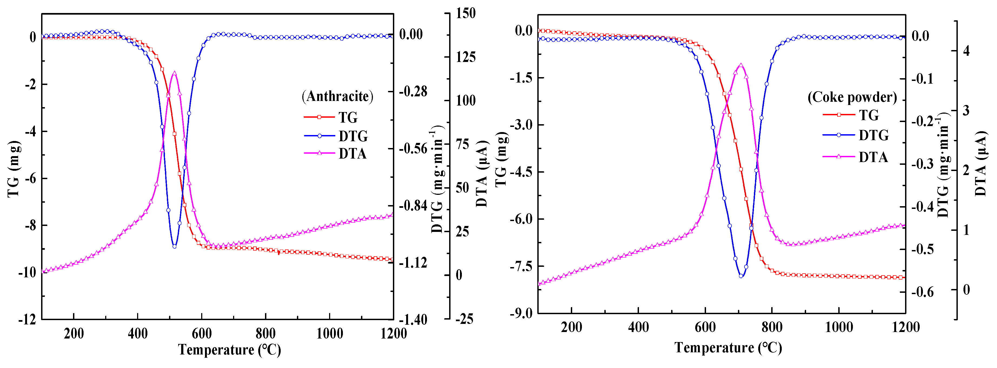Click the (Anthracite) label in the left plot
pyautogui.click(x=337, y=96)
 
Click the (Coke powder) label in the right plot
pyautogui.click(x=852, y=97)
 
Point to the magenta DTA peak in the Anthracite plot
pyautogui.click(x=175, y=73)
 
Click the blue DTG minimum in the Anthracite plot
pyautogui.click(x=175, y=246)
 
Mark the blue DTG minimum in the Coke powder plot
pyautogui.click(x=741, y=276)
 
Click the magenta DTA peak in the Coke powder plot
pyautogui.click(x=741, y=65)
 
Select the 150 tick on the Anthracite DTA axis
pyautogui.click(x=466, y=13)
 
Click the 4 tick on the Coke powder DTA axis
pyautogui.click(x=966, y=51)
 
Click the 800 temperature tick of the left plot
pyautogui.click(x=266, y=334)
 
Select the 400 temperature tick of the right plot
pyautogui.click(x=638, y=327)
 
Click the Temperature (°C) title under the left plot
pyautogui.click(x=230, y=350)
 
